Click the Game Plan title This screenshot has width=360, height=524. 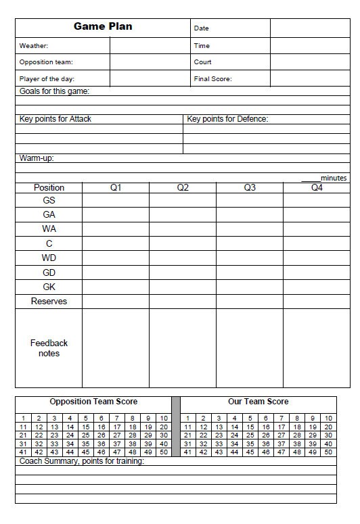coord(103,26)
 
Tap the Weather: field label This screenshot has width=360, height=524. coord(34,46)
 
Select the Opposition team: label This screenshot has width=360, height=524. coord(46,62)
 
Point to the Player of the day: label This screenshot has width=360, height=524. coord(47,79)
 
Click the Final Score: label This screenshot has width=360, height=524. coord(212,79)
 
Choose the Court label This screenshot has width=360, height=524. coord(203,62)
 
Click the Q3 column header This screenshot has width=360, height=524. coord(250,187)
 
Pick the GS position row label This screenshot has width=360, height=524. coord(49,201)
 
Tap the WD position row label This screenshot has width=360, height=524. coord(49,258)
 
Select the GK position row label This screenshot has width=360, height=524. coord(49,287)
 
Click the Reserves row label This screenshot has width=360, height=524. coord(49,302)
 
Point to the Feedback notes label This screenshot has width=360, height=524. coord(49,348)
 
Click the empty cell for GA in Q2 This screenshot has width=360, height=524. coord(183,215)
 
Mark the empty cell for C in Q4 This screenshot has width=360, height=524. coord(316,243)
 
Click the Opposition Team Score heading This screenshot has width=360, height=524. coord(93,402)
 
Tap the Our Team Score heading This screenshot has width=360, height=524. coord(258,402)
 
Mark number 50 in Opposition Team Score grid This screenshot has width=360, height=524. coord(164,452)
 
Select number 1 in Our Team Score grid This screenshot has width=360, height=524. coord(187,419)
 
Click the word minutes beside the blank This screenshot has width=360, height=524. coord(334,178)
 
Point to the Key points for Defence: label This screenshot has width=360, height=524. coord(227,119)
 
